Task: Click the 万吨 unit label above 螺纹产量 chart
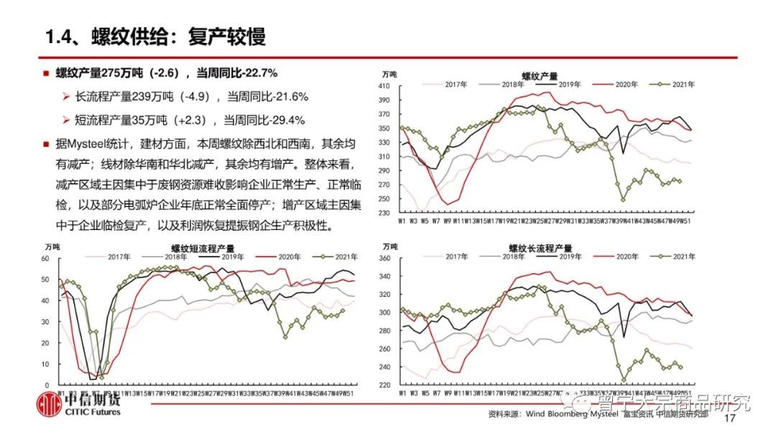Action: [x=389, y=75]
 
